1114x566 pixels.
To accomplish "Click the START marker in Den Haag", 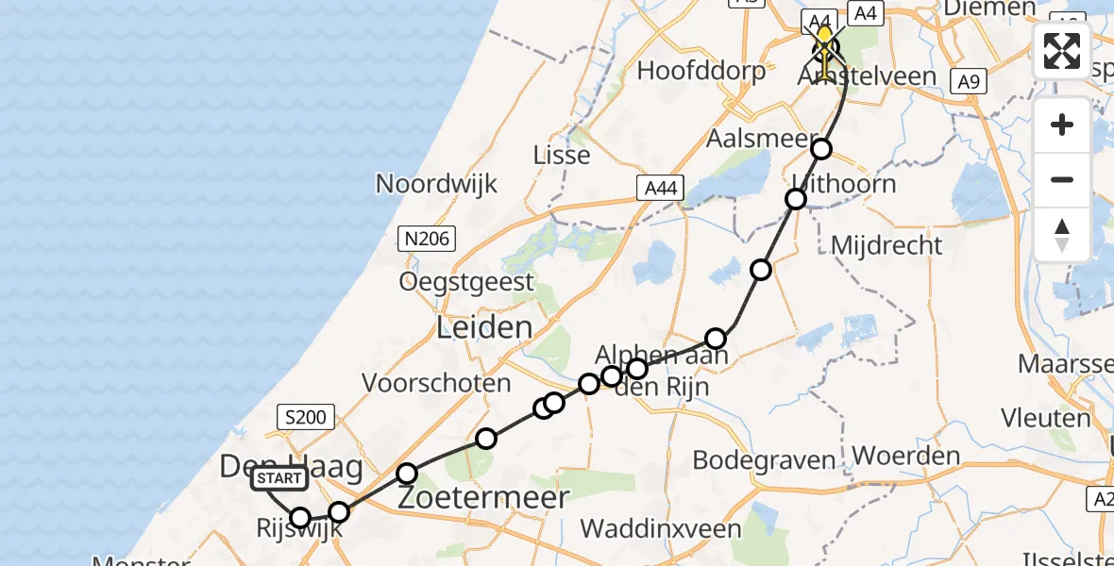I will [x=279, y=478].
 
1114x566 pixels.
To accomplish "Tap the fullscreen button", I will [x=1062, y=51].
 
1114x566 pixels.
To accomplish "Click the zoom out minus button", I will [x=1062, y=179].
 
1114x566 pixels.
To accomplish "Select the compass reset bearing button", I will [x=1062, y=234].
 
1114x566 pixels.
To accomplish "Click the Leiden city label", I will [x=484, y=327].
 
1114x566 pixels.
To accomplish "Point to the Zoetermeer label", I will [x=483, y=497].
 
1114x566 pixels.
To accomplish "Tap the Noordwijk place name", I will [x=436, y=182].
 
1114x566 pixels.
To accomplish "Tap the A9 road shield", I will [x=968, y=82].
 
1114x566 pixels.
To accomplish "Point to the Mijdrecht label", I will [x=886, y=245].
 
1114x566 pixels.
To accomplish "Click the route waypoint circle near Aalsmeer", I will [x=821, y=148].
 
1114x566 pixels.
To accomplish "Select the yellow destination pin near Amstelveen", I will [x=825, y=43].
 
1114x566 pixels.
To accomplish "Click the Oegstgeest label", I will [x=466, y=281].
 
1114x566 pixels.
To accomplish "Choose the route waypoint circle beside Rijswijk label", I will [x=300, y=517].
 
